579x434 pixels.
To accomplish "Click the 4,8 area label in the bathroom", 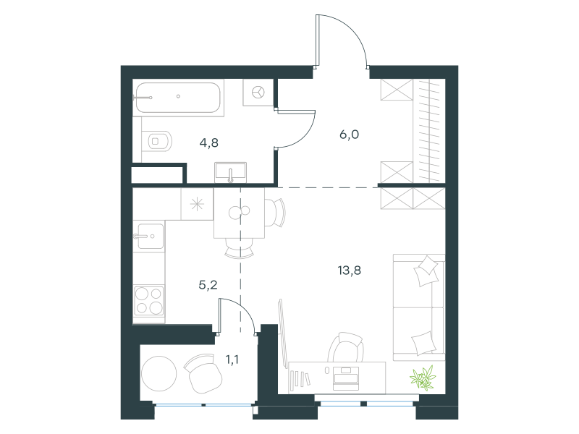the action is [209, 142].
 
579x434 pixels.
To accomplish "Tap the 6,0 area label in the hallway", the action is [349, 135].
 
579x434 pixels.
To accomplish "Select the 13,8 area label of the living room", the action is [350, 271].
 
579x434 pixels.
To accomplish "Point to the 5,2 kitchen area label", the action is [208, 285].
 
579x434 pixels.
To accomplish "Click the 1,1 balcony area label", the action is [232, 359].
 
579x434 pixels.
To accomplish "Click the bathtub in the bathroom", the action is [178, 98].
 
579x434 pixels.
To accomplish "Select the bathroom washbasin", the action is [230, 173].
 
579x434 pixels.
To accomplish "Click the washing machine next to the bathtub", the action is [258, 93].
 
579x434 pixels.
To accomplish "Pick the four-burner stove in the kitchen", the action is [149, 300].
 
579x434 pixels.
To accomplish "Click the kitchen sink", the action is [150, 237].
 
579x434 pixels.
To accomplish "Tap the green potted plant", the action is [423, 378].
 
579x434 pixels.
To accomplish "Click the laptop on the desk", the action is [346, 378].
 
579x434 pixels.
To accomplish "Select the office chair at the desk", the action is [346, 347].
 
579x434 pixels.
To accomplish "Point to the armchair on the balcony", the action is [203, 373].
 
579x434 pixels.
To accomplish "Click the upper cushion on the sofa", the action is [426, 271].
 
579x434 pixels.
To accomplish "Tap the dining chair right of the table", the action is [275, 213].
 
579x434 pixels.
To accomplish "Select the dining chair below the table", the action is [240, 247].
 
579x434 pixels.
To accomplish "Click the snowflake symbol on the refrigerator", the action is [197, 205].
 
